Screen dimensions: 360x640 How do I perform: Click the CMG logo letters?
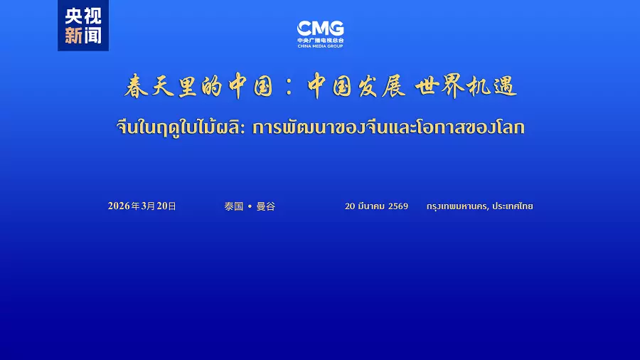pos(320,28)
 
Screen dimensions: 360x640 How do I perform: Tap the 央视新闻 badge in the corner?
pos(83,26)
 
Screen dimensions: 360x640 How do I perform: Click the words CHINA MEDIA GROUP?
pos(320,46)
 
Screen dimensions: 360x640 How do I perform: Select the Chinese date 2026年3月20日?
pos(142,206)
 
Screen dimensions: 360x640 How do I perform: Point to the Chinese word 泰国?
pos(233,206)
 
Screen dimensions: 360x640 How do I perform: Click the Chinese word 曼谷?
pos(265,206)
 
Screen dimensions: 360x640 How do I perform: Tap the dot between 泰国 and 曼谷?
pos(250,206)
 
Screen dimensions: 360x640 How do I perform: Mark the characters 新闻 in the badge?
pos(83,36)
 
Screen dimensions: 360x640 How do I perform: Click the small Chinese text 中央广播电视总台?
pos(320,40)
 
